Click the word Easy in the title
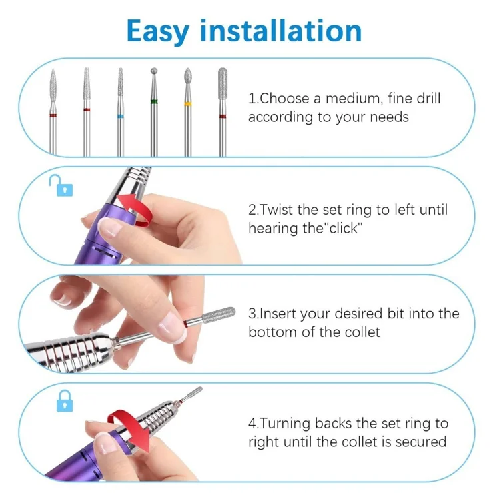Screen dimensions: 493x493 tap(158, 32)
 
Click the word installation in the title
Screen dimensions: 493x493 tap(280, 31)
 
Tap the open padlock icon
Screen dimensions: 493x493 tap(61, 185)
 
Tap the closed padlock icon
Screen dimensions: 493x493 tap(65, 400)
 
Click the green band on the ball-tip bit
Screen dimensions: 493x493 tap(154, 101)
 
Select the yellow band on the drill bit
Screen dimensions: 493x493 tap(187, 104)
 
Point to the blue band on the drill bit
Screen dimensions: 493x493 tap(120, 117)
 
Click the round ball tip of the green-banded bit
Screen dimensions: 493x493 tap(154, 71)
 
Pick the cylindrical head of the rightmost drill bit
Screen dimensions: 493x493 tap(223, 83)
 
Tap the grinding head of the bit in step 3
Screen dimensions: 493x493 tap(219, 314)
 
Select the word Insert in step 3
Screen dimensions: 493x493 tap(278, 314)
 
